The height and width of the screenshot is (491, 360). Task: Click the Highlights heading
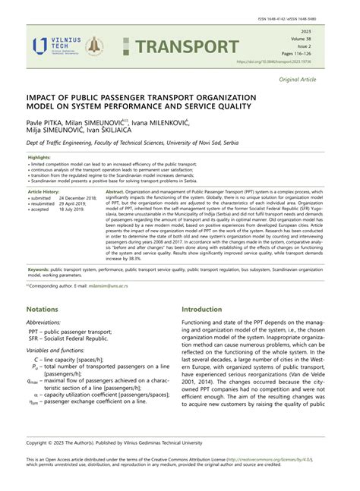(41, 158)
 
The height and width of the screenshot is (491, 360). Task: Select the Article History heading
(46, 193)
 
